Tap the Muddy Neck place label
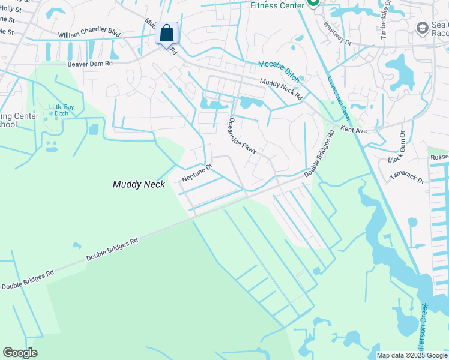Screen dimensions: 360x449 point(139,185)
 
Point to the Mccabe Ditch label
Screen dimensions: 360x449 point(279,71)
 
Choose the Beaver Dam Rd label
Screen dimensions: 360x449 point(89,62)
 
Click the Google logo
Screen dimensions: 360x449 point(20,353)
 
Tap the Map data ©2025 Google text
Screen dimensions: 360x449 point(412,355)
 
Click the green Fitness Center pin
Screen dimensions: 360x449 point(312,4)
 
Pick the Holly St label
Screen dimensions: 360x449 point(11,10)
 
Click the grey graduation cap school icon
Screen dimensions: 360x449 point(421,28)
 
